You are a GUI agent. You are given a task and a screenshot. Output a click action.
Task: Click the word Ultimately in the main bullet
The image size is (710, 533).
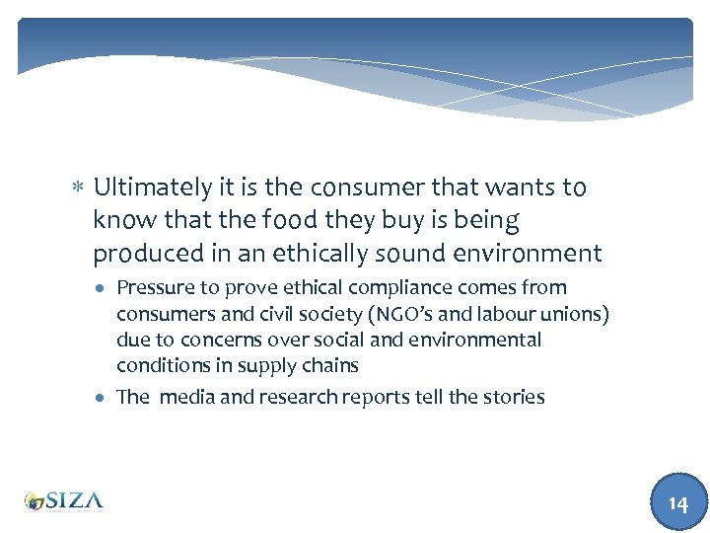(x=151, y=188)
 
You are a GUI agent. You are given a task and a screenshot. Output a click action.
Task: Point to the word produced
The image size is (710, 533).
(x=142, y=254)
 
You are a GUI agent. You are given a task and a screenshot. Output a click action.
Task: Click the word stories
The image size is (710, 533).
(x=513, y=397)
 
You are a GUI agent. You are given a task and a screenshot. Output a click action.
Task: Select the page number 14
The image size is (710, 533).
(x=677, y=503)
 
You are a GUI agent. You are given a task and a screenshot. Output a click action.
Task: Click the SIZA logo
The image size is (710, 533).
(x=64, y=500)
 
